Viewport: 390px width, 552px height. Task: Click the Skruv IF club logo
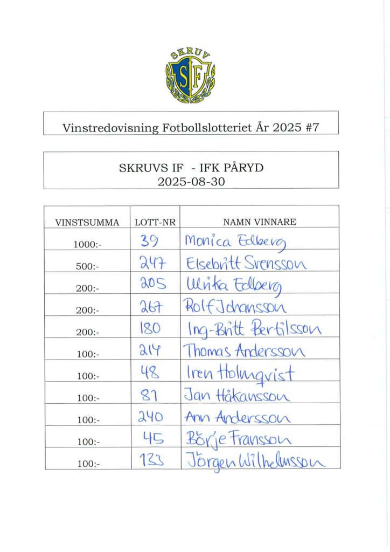(x=190, y=76)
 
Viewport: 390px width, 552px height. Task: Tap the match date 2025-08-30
(x=191, y=182)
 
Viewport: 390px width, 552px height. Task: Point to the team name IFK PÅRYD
(x=236, y=168)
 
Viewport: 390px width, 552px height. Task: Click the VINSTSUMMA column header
(x=87, y=222)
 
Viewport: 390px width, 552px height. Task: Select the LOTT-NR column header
(x=155, y=222)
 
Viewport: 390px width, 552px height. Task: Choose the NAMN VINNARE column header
(x=260, y=222)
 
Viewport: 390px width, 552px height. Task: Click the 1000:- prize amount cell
(x=87, y=244)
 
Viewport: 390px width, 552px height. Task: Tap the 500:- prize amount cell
(x=87, y=266)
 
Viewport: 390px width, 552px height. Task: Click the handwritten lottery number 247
(x=151, y=263)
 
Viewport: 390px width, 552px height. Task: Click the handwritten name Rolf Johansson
(x=236, y=307)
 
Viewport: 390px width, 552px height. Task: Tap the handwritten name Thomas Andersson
(x=245, y=351)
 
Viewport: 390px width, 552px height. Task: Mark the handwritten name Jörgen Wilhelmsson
(x=255, y=461)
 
